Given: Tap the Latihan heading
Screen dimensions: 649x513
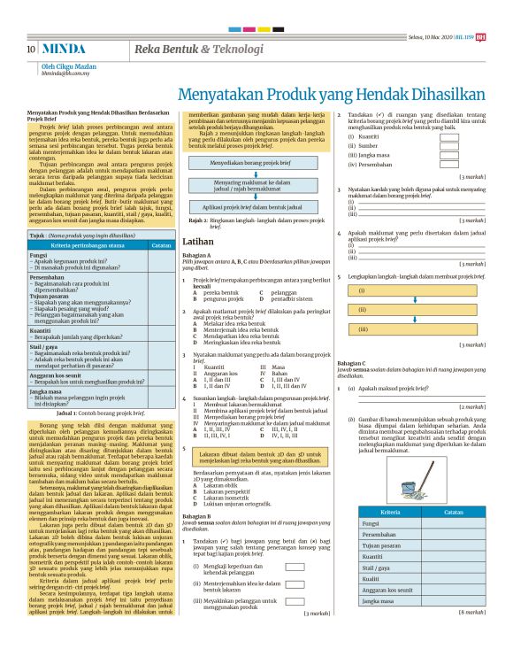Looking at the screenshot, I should pyautogui.click(x=211, y=241).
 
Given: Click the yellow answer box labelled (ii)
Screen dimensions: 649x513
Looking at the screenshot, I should pyautogui.click(x=411, y=309).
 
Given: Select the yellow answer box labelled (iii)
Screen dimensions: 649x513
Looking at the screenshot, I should pyautogui.click(x=411, y=328).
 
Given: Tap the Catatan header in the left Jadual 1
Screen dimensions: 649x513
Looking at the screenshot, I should pyautogui.click(x=161, y=244).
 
